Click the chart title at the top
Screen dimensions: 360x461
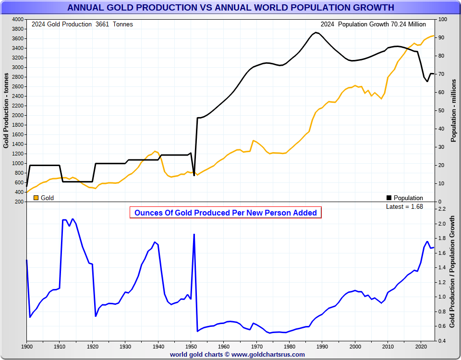tap(230, 8)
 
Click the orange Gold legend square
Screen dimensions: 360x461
tap(36, 198)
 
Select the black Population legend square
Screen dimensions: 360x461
tap(389, 198)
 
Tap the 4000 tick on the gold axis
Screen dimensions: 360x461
tap(17, 19)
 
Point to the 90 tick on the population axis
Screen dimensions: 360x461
tap(440, 37)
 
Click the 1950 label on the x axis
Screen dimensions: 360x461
tap(191, 346)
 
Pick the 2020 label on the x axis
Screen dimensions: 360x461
tap(421, 346)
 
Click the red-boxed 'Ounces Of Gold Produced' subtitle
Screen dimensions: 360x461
tap(225, 213)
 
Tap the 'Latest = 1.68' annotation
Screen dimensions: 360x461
tap(404, 206)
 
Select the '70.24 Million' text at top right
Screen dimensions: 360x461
tap(408, 24)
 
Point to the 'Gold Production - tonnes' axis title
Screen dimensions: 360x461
tap(6, 110)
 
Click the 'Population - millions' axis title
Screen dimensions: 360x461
tap(453, 110)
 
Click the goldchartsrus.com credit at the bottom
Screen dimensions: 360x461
tap(237, 354)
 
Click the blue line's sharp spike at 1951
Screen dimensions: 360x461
tap(194, 234)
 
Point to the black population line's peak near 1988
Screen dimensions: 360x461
tap(315, 33)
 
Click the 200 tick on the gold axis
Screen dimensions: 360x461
tap(19, 202)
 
